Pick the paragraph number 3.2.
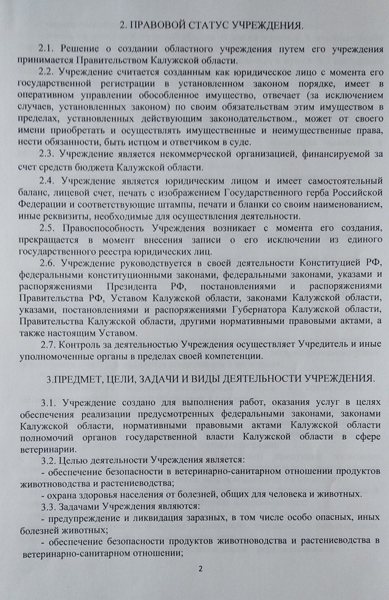click(x=49, y=459)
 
